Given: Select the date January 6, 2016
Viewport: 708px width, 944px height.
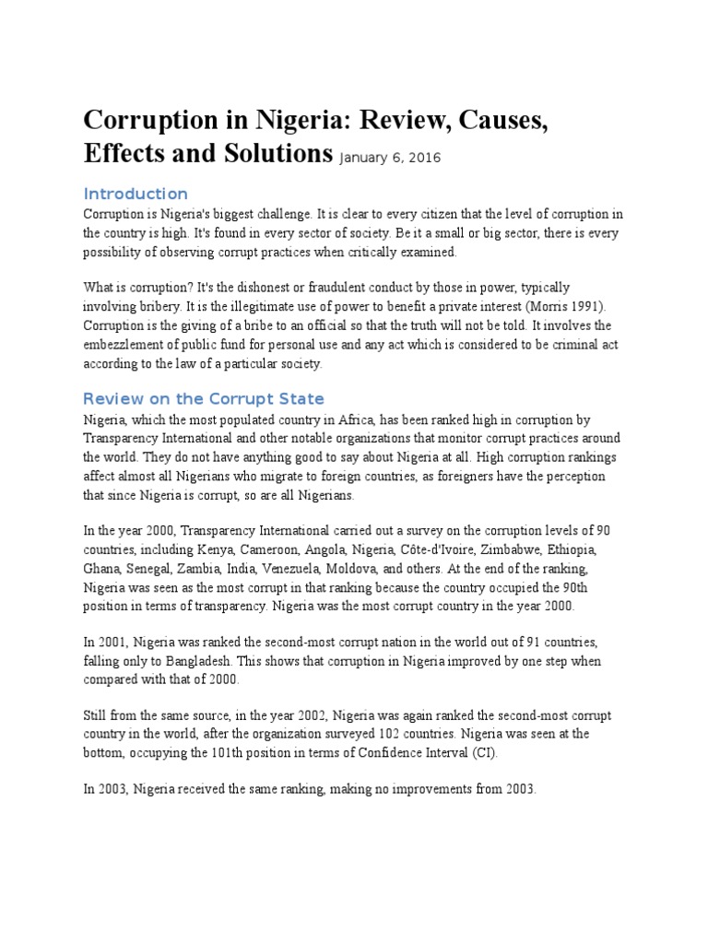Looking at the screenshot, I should [390, 158].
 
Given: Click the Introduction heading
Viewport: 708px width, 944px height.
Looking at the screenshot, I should [136, 194].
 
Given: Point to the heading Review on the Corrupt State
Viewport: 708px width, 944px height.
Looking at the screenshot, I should [204, 399].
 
